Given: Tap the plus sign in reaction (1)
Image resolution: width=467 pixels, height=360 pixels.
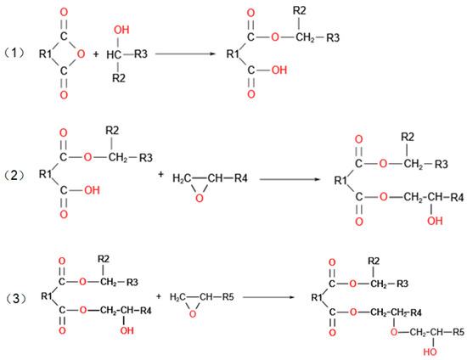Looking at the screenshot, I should pos(94,53).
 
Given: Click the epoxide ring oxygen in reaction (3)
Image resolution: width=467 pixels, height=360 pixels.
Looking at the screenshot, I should pos(193,312).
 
